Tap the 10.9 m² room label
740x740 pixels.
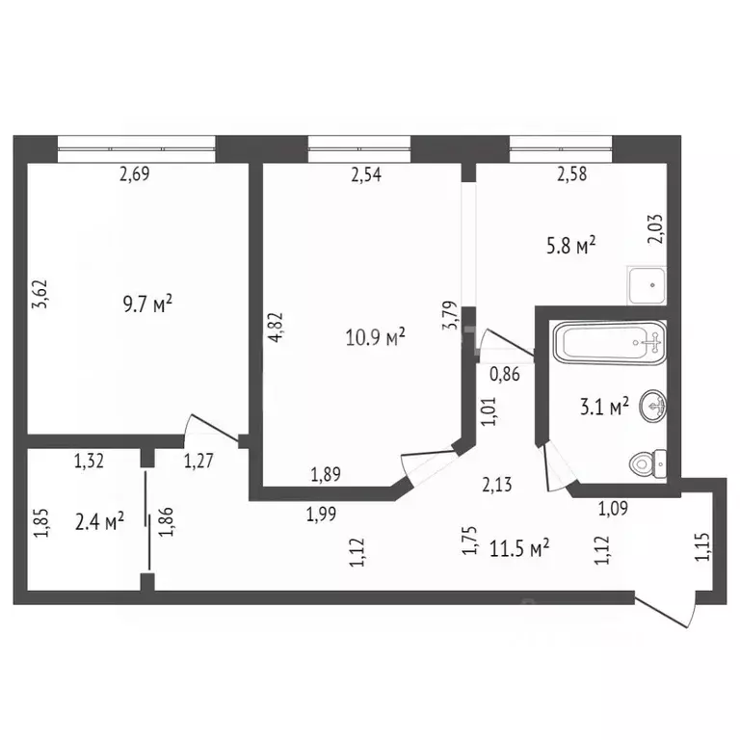tap(375, 336)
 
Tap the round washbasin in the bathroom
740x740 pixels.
tap(654, 408)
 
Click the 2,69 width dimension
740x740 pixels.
tap(136, 174)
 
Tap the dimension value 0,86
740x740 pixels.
tap(506, 375)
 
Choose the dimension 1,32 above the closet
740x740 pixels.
tap(91, 461)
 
